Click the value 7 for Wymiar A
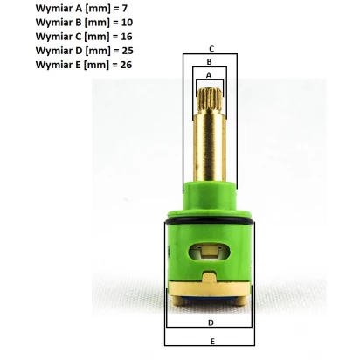coord(124,9)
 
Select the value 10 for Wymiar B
coord(127,23)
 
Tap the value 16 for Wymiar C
coord(127,37)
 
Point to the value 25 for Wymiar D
coord(128,51)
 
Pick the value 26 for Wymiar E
coord(126,65)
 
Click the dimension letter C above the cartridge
coord(211,49)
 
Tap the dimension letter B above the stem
coord(209,62)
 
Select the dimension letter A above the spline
coord(209,75)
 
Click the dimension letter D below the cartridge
coord(211,322)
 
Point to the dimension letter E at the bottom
coord(212,342)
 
